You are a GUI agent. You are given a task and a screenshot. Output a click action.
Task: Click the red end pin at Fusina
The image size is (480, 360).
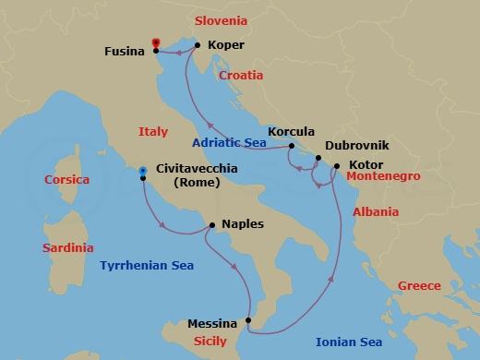tap(156, 42)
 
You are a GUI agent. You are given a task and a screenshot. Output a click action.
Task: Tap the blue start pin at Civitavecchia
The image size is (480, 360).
tap(142, 172)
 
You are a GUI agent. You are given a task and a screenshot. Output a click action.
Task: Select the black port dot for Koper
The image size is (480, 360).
tap(198, 43)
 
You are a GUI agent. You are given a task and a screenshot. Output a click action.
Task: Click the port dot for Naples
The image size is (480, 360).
tap(212, 224)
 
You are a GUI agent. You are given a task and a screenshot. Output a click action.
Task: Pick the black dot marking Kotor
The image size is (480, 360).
tap(336, 166)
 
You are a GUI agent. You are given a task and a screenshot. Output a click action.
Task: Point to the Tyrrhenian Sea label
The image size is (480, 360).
tap(147, 266)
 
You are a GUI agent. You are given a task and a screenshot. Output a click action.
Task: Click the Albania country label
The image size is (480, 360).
tap(376, 211)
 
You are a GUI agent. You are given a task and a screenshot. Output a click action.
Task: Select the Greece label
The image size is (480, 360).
tap(418, 285)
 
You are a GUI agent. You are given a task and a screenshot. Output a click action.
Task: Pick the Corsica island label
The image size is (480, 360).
tap(67, 180)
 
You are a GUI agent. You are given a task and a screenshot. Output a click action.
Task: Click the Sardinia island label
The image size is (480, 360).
tap(68, 247)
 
